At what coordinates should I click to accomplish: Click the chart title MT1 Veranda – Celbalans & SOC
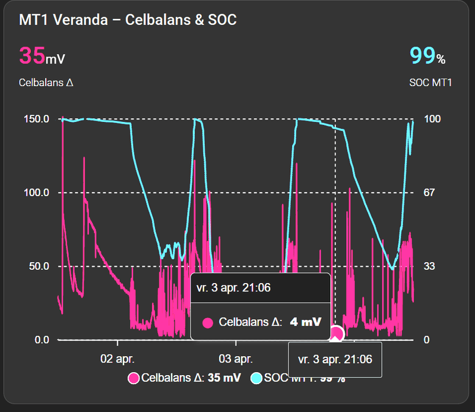[x=128, y=20]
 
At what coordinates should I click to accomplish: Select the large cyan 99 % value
[x=427, y=56]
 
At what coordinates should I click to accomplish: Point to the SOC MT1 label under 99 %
[x=430, y=83]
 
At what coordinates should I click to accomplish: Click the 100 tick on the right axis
[x=432, y=119]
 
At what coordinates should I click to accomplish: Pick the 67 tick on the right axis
[x=430, y=193]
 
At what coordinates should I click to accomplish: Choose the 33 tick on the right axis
[x=430, y=266]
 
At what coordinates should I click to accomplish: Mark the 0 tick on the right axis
[x=427, y=339]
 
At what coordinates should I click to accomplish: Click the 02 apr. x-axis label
[x=118, y=359]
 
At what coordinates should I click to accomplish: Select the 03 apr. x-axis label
[x=235, y=359]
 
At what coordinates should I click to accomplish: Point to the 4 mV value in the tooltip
[x=305, y=322]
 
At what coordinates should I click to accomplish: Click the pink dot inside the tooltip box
[x=208, y=323]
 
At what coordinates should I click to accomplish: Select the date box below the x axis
[x=334, y=360]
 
